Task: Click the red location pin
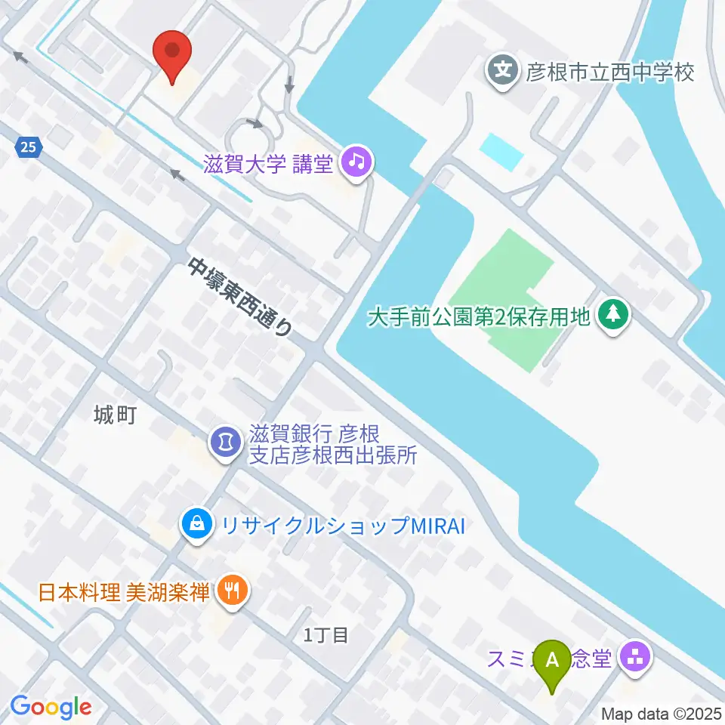pos(172,53)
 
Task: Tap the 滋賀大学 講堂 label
pos(268,163)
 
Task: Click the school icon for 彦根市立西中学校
pos(503,72)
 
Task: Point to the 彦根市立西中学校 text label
pos(610,73)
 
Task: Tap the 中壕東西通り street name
pos(240,296)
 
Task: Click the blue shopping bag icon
pos(196,524)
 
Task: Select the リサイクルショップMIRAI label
pos(339,525)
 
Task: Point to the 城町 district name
pos(115,415)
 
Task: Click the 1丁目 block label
pos(325,635)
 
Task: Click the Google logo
pos(51,708)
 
